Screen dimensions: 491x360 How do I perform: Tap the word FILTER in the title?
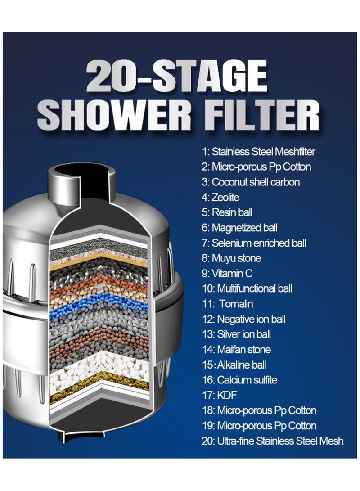tap(258, 115)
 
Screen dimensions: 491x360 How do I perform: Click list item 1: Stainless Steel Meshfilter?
tap(258, 152)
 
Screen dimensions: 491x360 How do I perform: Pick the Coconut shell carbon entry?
tap(251, 182)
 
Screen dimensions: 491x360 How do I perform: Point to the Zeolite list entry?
tap(220, 197)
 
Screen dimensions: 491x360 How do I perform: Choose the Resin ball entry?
tap(227, 212)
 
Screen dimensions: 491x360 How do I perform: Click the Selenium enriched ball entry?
tap(254, 243)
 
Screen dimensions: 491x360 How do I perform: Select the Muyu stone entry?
tap(231, 258)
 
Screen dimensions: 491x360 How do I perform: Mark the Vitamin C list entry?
tap(226, 274)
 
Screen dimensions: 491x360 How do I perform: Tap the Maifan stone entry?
tap(236, 350)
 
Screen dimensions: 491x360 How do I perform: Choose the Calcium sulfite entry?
tap(239, 380)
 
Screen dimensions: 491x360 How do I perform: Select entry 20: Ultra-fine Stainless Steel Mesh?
tap(272, 441)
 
